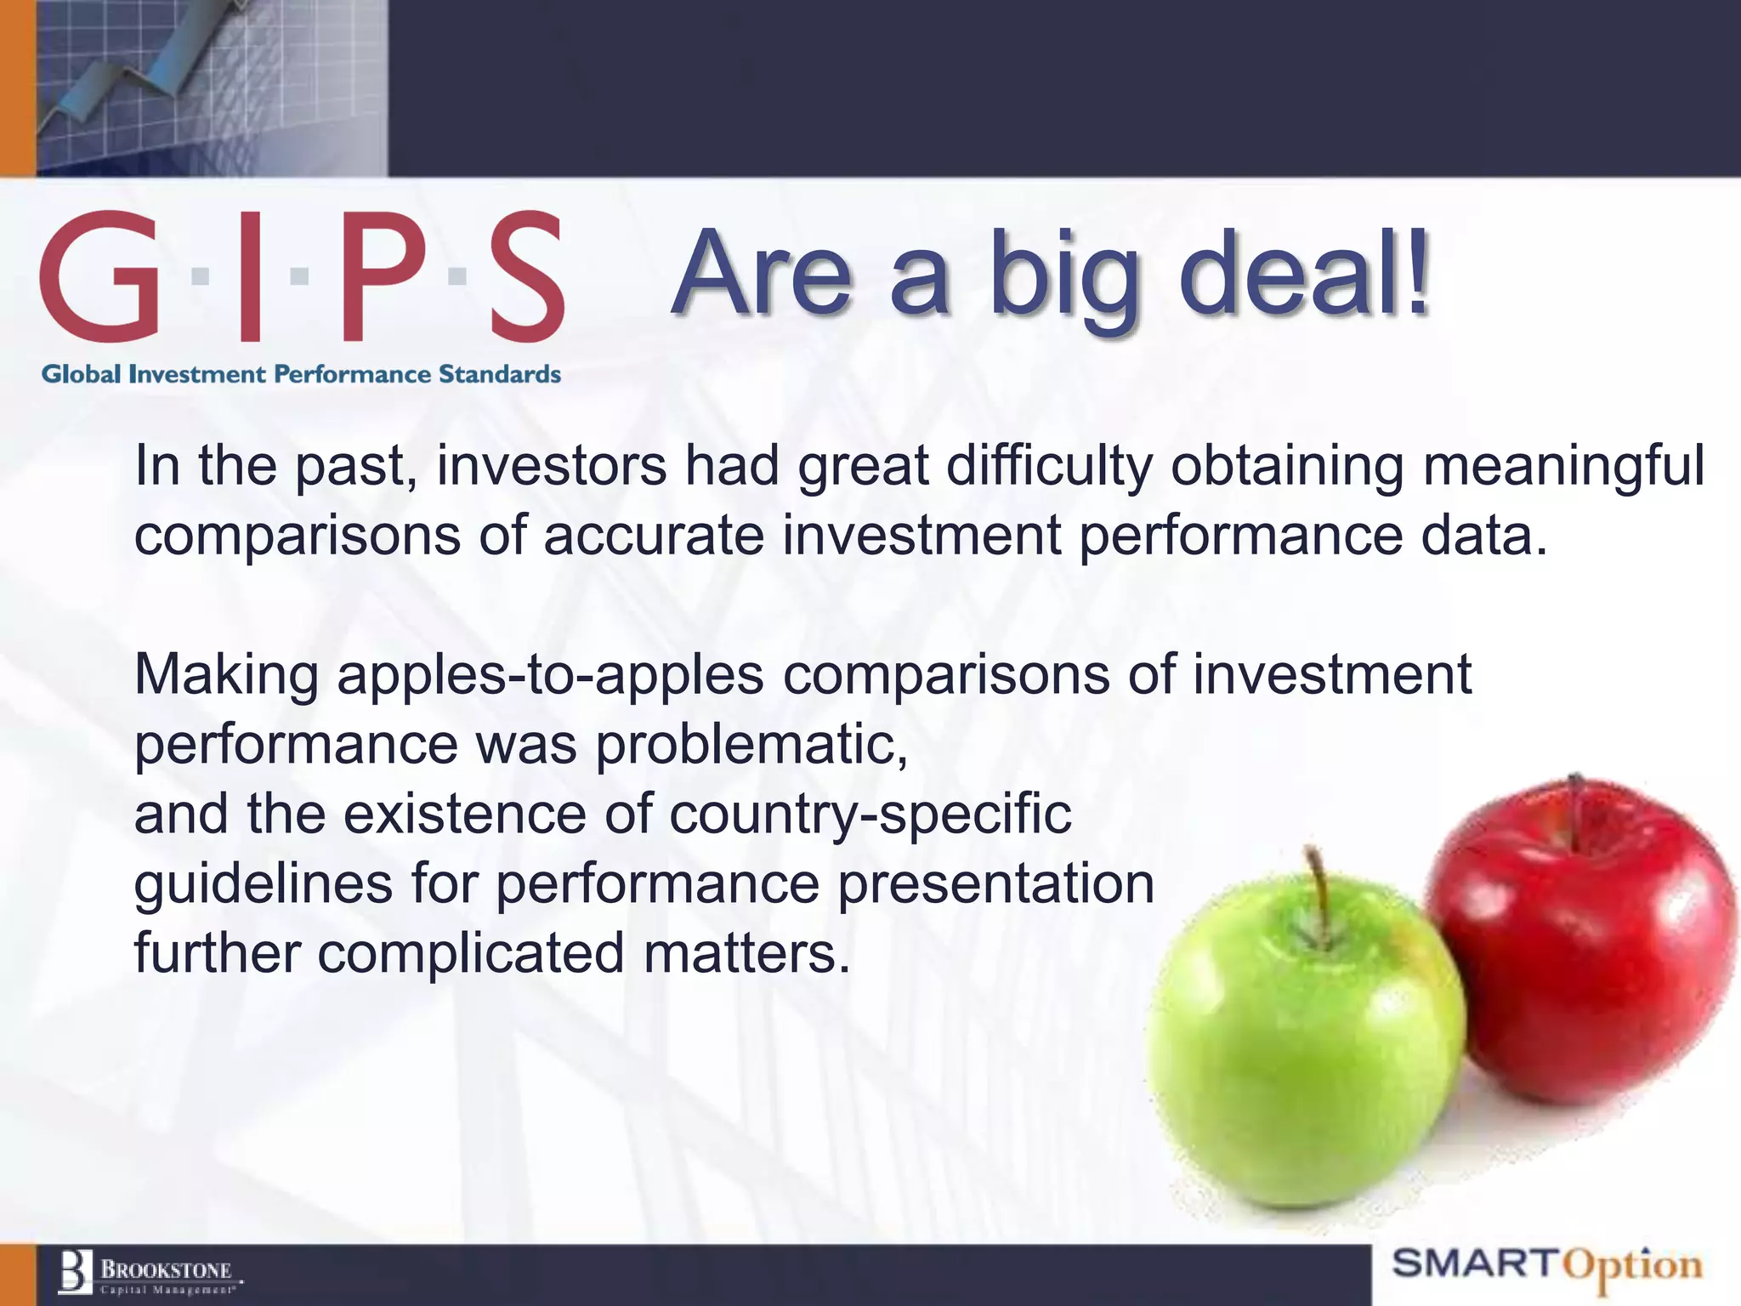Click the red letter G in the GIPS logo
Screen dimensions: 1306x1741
click(x=99, y=275)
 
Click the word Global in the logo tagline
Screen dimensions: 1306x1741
click(x=82, y=374)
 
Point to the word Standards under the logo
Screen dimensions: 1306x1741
click(x=499, y=374)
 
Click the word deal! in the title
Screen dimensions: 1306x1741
click(x=1305, y=274)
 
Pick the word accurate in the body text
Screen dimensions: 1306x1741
click(x=654, y=536)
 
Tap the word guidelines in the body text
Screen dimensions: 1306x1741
click(x=264, y=884)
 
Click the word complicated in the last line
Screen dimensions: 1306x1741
click(x=471, y=954)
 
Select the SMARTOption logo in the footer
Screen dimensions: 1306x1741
click(x=1547, y=1266)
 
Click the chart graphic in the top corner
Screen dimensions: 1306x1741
click(x=213, y=85)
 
